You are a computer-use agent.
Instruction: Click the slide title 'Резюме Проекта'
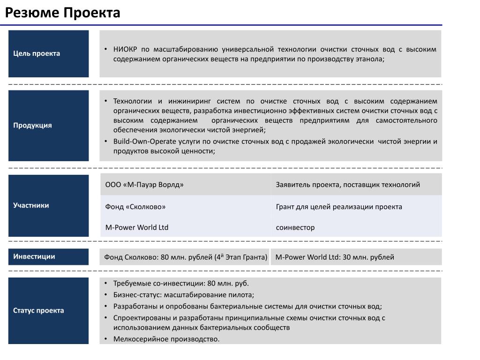[62, 13]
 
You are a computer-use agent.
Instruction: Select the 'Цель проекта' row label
[37, 53]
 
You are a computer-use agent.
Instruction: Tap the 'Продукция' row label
[32, 125]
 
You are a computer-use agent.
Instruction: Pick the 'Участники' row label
[31, 205]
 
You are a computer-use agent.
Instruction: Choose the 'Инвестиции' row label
[34, 256]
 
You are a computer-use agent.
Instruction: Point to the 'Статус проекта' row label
[38, 310]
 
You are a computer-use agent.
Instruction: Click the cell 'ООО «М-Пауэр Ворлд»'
[144, 185]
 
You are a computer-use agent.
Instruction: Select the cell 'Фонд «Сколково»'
[135, 207]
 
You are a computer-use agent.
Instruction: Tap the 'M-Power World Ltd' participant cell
[136, 227]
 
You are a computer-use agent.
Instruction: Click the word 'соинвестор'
[295, 227]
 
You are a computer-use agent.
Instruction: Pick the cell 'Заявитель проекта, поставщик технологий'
[348, 185]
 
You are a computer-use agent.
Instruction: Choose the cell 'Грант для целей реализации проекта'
[339, 207]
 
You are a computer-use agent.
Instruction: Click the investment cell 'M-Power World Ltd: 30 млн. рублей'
[335, 257]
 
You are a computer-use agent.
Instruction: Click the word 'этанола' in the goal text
[370, 59]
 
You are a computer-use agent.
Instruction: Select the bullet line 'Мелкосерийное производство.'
[166, 339]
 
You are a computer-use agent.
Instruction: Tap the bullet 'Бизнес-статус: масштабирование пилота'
[183, 295]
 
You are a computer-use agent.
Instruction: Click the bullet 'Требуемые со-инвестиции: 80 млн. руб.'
[181, 284]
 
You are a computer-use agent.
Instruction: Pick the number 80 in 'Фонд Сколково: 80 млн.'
[165, 257]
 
